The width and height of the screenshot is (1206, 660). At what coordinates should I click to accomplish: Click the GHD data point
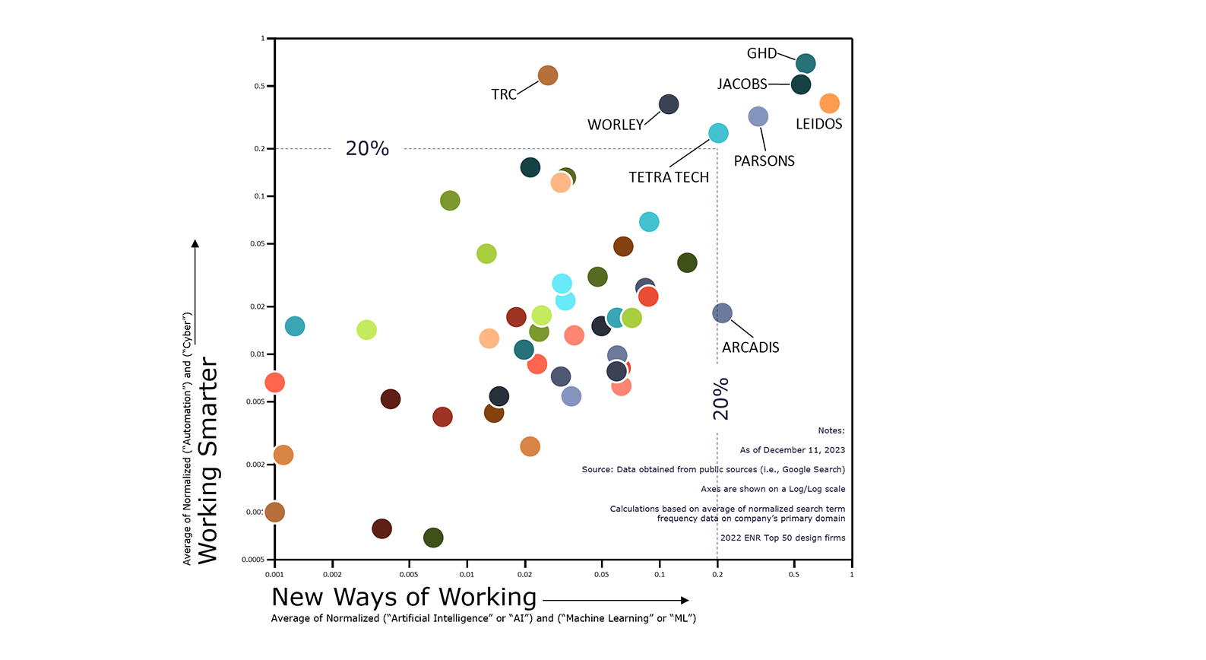[x=806, y=64]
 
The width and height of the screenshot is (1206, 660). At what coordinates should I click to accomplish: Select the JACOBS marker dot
[x=801, y=84]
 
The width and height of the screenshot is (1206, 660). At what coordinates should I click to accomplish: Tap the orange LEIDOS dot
[x=830, y=103]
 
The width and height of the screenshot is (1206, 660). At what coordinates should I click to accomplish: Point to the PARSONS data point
[x=758, y=116]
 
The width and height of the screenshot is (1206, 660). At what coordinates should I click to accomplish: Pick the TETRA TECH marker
[x=718, y=133]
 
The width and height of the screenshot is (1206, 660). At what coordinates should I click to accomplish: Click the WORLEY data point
[x=669, y=104]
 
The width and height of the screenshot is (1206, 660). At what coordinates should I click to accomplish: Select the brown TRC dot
[x=548, y=75]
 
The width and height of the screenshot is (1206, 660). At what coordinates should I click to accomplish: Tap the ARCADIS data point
[x=723, y=313]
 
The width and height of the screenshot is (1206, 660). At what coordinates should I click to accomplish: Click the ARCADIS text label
[x=751, y=347]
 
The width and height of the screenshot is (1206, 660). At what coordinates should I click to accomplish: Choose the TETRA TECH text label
[x=669, y=177]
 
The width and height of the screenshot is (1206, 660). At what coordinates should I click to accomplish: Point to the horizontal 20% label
[x=367, y=148]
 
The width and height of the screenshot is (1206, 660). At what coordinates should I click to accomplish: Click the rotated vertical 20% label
[x=720, y=398]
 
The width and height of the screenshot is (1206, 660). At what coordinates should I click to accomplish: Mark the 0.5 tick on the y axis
[x=260, y=87]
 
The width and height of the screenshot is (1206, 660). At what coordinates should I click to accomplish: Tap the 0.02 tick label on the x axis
[x=524, y=575]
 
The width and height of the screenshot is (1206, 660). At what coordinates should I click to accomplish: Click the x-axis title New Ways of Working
[x=404, y=598]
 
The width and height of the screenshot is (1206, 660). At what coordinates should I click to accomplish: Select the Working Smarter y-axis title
[x=207, y=461]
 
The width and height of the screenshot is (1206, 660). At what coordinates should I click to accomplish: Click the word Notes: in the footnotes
[x=831, y=431]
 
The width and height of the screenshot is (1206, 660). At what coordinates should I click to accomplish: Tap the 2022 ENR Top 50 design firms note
[x=783, y=538]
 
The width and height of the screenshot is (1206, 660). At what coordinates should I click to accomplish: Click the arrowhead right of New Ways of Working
[x=685, y=601]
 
